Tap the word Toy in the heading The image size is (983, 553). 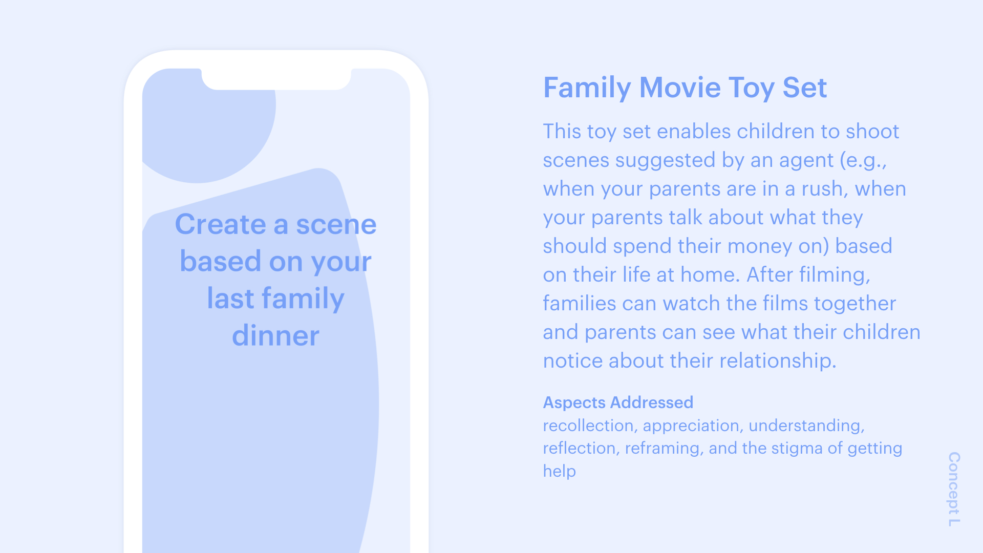[x=752, y=89]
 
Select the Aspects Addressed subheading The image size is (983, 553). [x=618, y=402]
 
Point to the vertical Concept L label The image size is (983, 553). [x=954, y=489]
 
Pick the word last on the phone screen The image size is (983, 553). [x=230, y=298]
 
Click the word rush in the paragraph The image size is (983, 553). [x=822, y=189]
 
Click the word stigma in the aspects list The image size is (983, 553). [x=797, y=449]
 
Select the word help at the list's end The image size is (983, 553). [x=560, y=471]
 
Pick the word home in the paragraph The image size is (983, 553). [x=711, y=275]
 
